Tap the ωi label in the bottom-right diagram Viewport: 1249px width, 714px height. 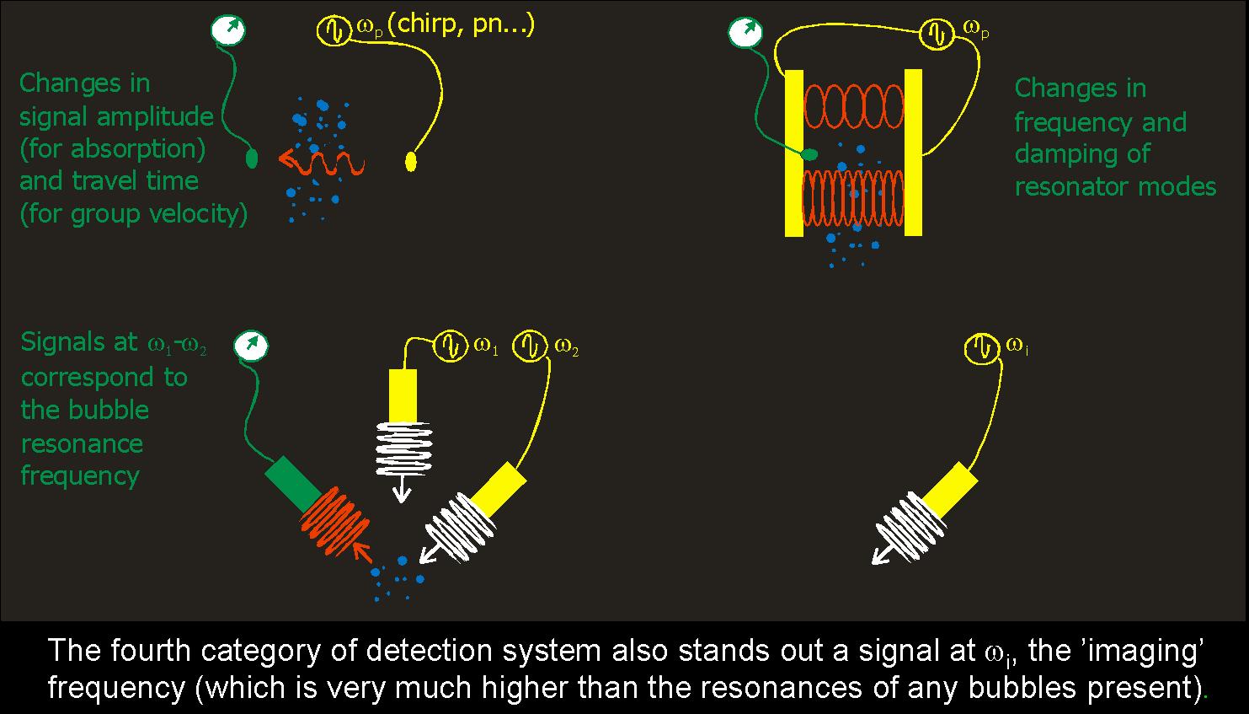[1017, 346]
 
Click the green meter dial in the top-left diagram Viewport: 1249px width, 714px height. [228, 30]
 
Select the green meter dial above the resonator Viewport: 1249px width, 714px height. [744, 33]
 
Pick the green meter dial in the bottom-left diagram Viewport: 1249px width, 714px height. [250, 345]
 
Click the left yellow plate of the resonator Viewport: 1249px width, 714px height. [794, 153]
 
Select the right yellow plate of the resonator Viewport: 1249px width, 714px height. [913, 153]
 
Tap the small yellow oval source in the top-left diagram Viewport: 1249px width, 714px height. [412, 160]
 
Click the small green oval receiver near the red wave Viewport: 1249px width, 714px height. [252, 158]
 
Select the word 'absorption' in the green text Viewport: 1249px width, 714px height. [150, 149]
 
